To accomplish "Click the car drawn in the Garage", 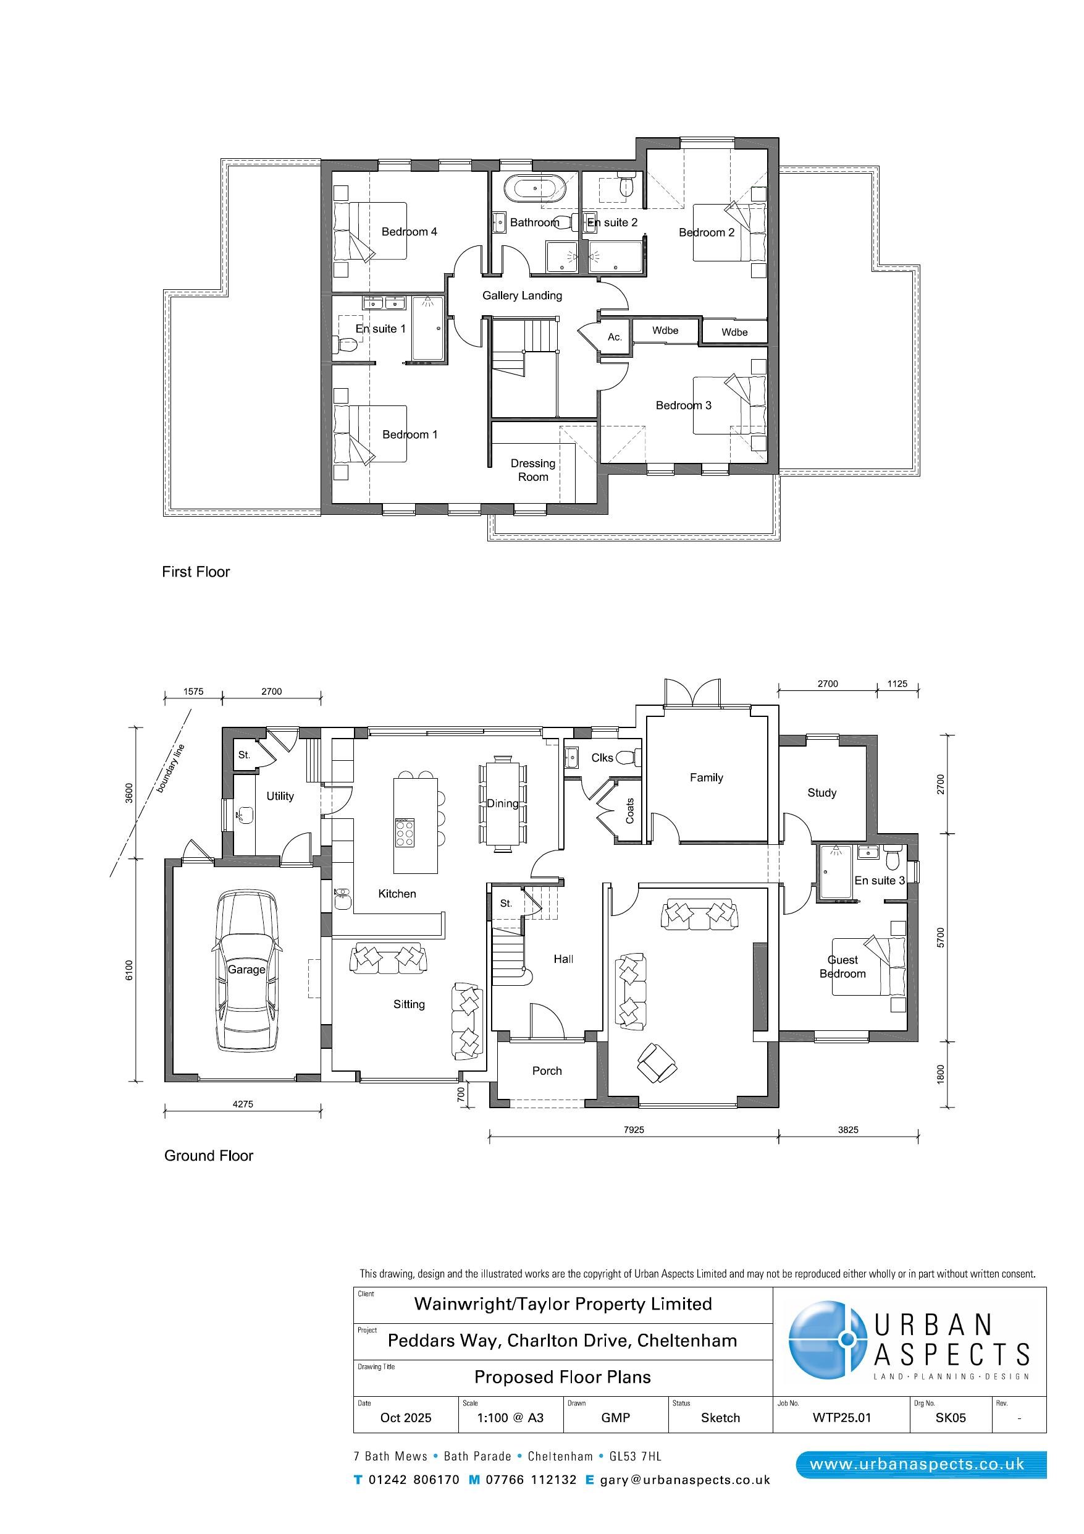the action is coord(246,970).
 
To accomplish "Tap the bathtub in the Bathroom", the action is coord(534,189).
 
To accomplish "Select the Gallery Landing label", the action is coord(523,295).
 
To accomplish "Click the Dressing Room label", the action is coord(533,470).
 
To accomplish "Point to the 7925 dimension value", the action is coord(634,1130).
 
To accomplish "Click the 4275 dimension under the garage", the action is coord(243,1104).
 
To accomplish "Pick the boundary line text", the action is coord(170,768).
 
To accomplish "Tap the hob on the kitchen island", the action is coord(405,832).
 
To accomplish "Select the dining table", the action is coord(502,803).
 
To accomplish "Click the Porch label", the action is coord(547,1071).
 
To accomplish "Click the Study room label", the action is coord(821,793).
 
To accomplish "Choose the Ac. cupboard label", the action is coord(615,337).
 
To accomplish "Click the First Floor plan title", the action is coord(196,572).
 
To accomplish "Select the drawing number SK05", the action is coord(951,1418).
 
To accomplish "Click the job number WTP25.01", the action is coord(841,1418).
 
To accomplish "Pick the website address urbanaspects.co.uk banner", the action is coord(921,1465).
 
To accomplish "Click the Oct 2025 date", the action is coord(405,1418).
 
